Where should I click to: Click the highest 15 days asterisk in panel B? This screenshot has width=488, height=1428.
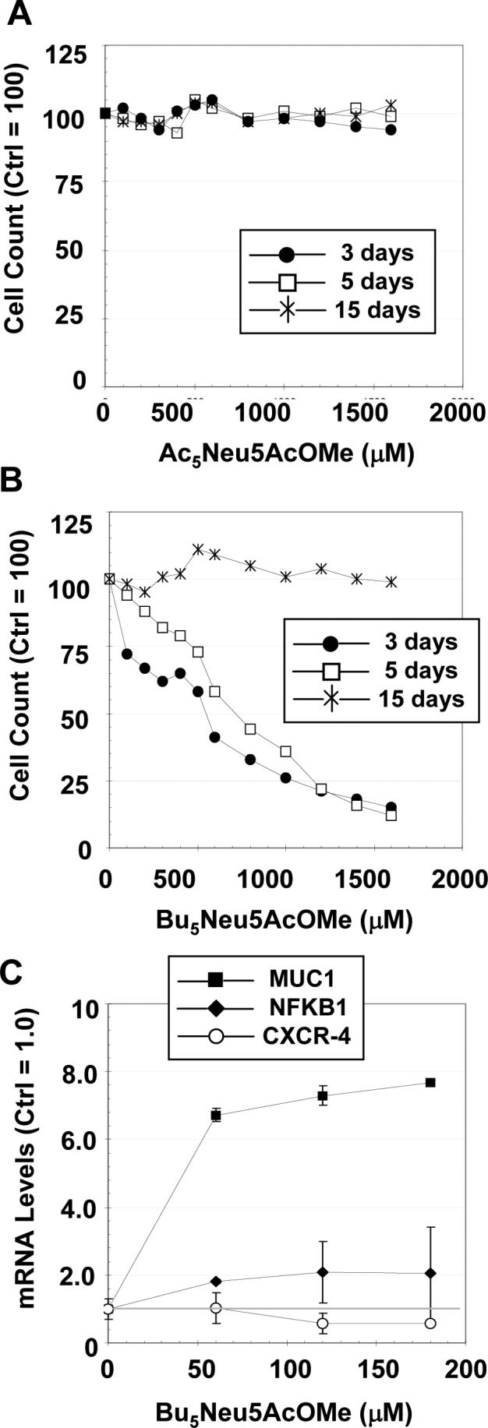[198, 550]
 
